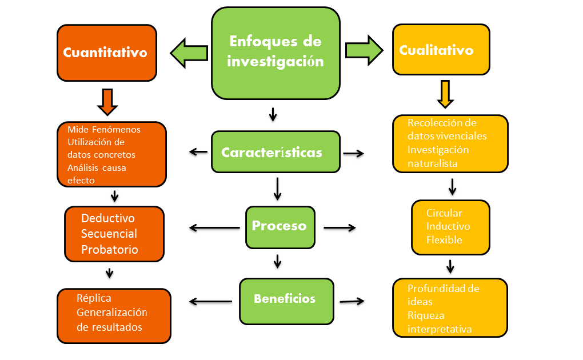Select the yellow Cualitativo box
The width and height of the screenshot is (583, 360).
point(441,50)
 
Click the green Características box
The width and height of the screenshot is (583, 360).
point(275,153)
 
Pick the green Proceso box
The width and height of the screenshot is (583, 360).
point(279,226)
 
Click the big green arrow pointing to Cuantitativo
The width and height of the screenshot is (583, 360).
point(189,52)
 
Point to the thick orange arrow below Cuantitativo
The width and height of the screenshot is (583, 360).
point(107,101)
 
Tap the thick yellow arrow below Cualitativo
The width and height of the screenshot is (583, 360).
point(446,94)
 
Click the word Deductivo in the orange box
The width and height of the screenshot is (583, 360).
point(108,218)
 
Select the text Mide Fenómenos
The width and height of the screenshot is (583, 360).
point(103,129)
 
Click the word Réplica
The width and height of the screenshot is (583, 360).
point(94,298)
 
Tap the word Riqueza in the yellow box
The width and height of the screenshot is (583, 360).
point(426,315)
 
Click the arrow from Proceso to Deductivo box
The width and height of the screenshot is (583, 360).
point(214,228)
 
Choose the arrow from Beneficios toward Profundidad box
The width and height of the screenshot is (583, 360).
point(352,301)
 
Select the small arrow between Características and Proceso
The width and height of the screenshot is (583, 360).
point(277,189)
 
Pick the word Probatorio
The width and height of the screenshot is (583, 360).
point(110,249)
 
